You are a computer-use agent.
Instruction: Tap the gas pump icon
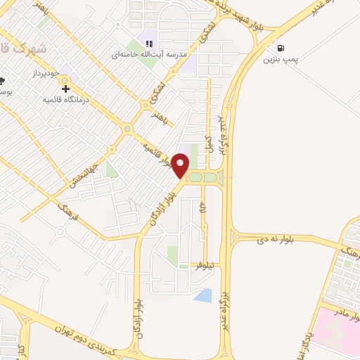281,49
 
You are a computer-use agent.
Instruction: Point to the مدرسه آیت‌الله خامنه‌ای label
147,54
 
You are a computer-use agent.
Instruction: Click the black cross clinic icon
66,88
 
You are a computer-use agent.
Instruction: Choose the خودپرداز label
44,72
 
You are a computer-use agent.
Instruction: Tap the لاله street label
204,206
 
